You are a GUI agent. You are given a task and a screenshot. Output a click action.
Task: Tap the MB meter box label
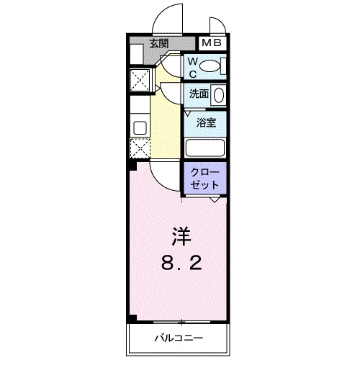click(212, 44)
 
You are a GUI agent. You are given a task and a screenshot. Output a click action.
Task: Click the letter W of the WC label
click(192, 63)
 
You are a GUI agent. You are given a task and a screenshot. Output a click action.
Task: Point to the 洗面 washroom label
click(199, 94)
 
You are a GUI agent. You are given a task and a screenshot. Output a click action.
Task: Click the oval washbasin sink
click(220, 94)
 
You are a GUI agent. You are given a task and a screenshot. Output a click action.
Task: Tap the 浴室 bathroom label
click(206, 122)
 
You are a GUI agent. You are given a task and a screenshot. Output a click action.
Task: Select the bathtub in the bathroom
click(206, 147)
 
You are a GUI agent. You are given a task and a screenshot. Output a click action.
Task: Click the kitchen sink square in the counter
click(139, 128)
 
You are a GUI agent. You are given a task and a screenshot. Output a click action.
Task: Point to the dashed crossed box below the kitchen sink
click(138, 149)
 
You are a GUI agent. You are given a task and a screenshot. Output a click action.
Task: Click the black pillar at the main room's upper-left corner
click(132, 166)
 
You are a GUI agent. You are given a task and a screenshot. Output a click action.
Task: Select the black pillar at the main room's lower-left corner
click(132, 318)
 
